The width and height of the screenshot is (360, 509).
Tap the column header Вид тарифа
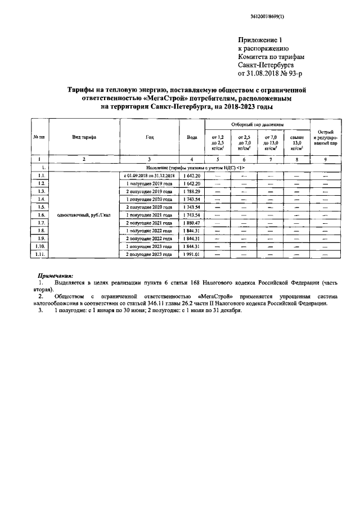pos(84,138)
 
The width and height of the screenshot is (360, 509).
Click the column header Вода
pos(192,138)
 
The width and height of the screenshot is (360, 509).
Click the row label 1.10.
pos(40,246)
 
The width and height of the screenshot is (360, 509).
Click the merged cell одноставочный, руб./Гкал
pos(84,215)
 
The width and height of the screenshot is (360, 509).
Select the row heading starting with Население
pos(196,168)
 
